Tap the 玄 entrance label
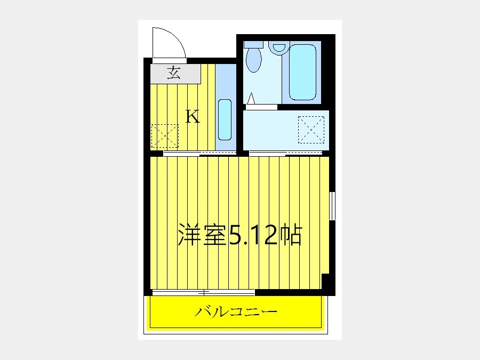173,73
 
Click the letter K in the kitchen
193,116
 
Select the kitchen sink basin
225,119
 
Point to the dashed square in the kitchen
165,135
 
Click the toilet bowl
254,59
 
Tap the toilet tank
253,44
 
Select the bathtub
302,72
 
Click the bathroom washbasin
278,47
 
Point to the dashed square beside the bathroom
311,130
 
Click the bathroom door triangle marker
251,98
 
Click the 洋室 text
203,235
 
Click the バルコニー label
236,312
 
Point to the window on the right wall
332,206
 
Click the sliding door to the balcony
204,293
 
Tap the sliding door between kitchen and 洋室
200,154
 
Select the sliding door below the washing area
286,154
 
